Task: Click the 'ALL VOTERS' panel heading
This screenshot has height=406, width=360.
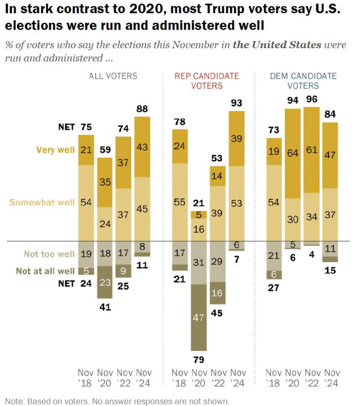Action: click(113, 76)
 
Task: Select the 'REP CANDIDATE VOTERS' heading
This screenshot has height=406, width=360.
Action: click(207, 81)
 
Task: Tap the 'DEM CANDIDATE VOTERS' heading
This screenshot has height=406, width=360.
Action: click(303, 81)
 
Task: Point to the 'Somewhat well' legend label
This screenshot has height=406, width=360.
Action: click(42, 202)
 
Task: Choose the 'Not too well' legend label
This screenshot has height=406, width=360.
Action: click(50, 254)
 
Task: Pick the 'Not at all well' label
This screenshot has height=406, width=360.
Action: click(45, 271)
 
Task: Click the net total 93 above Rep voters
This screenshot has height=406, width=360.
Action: click(237, 103)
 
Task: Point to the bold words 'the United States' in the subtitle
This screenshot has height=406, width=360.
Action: click(277, 45)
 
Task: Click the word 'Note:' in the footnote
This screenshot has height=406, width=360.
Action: click(14, 401)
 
